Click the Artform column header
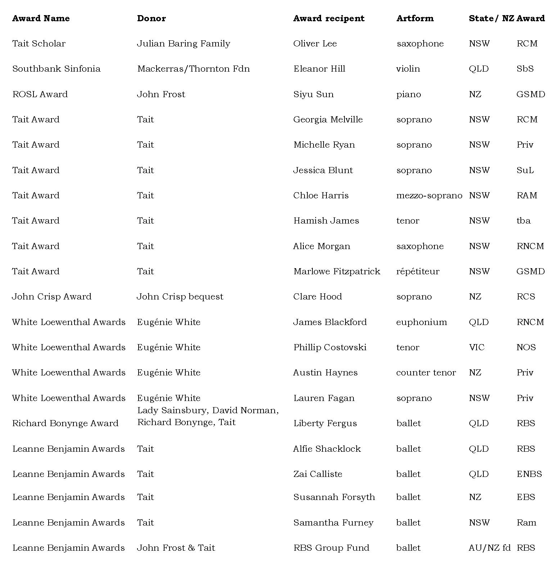tap(415, 18)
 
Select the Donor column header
tap(151, 18)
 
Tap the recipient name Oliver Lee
tap(315, 44)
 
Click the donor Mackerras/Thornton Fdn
tap(193, 69)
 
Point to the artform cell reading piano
tap(409, 94)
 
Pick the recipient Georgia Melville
tap(328, 120)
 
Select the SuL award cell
tap(525, 170)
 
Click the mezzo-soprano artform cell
tap(429, 195)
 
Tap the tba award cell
tap(523, 221)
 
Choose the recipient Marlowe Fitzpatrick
tap(337, 271)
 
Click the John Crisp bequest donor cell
tap(180, 297)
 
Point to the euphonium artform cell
tap(421, 322)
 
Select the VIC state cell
tap(477, 347)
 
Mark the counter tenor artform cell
tap(426, 373)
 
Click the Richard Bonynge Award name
tap(65, 423)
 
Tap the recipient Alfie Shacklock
tap(327, 449)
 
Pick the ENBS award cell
tap(529, 474)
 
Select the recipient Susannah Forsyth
tap(334, 497)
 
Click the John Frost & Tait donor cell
tap(176, 548)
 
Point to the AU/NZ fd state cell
tap(489, 548)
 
